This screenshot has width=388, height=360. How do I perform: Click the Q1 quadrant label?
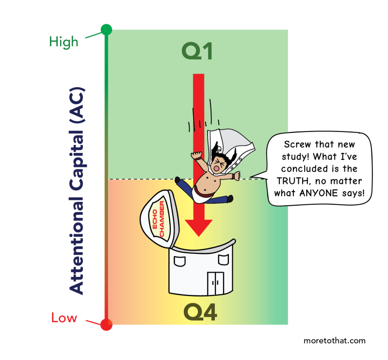197,51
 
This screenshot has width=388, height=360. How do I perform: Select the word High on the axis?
64,42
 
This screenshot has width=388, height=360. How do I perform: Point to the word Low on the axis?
64,318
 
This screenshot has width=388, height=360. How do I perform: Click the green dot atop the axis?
106,30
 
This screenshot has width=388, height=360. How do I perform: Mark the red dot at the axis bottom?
106,325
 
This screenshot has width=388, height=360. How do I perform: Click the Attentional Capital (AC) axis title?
77,191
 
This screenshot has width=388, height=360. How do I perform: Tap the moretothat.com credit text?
334,341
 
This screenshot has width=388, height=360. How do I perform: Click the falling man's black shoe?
229,198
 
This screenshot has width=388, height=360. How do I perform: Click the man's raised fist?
196,156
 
